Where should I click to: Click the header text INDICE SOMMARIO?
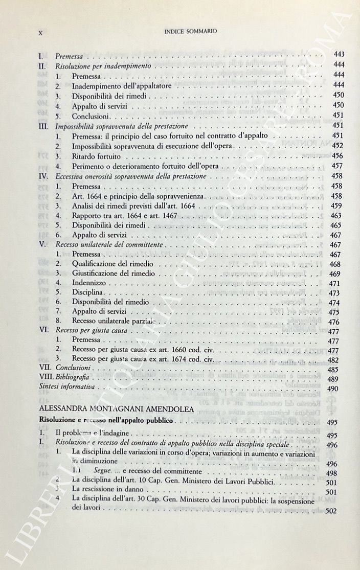tap(190, 31)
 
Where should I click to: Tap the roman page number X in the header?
tap(40, 32)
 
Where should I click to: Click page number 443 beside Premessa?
tap(339, 54)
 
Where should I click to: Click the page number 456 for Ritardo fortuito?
tap(338, 155)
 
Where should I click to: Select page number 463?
tap(337, 215)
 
